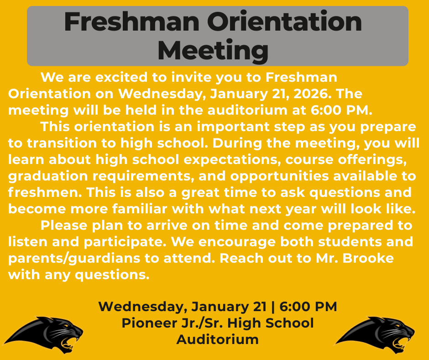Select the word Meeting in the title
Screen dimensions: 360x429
click(213, 51)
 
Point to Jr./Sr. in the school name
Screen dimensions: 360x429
click(202, 323)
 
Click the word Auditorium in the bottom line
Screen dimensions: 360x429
click(217, 339)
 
